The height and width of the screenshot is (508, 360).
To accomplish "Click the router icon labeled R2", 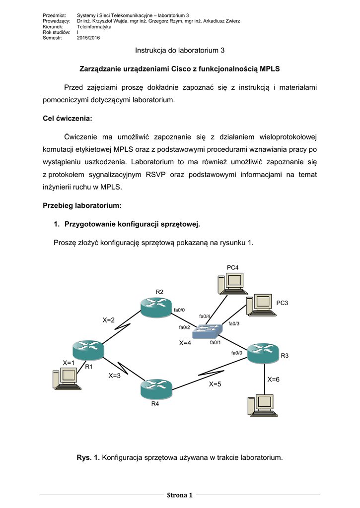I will click(156, 308).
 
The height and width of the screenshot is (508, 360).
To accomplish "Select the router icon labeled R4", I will click(156, 388).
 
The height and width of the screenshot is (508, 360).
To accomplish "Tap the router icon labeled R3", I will click(263, 353).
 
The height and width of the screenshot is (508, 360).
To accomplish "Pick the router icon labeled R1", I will click(88, 350).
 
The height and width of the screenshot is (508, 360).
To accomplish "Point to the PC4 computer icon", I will click(229, 284).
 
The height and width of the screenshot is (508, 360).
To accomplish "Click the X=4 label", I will click(185, 343).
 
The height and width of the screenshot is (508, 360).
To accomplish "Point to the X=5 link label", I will click(215, 383).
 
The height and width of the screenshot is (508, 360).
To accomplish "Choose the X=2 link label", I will click(109, 320).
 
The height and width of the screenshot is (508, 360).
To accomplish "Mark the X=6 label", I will click(274, 380).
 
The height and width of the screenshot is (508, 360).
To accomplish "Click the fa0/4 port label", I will click(205, 317).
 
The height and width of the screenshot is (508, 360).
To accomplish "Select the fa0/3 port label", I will click(234, 323).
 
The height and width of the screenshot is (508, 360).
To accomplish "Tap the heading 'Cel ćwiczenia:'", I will click(67, 119).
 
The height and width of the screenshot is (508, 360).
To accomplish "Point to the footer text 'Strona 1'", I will click(180, 495).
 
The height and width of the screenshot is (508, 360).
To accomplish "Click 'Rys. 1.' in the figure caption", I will click(88, 457).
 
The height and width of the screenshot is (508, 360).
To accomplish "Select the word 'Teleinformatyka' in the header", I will click(94, 27).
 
